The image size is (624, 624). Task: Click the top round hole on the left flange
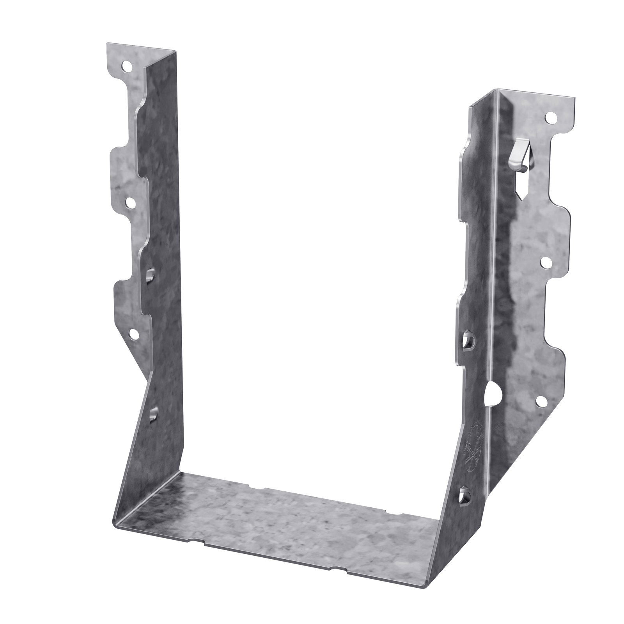126,67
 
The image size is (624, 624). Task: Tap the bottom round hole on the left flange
133,334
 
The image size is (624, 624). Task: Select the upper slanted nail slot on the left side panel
149,275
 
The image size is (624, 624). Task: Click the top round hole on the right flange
552,117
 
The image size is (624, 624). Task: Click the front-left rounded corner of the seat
116,523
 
